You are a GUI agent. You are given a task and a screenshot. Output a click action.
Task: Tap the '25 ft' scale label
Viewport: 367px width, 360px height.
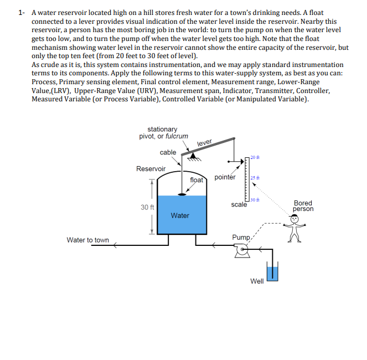(255, 178)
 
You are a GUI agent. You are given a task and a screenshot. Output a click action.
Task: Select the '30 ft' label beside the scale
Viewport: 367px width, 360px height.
(255, 199)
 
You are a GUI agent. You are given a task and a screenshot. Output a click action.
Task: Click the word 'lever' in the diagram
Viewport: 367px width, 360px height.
(205, 143)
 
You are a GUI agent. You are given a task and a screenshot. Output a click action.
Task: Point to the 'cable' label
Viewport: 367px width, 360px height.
(168, 152)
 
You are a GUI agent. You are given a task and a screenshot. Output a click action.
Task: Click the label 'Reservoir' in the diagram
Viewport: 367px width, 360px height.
(151, 168)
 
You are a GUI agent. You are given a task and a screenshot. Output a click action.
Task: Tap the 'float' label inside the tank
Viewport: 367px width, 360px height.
(197, 180)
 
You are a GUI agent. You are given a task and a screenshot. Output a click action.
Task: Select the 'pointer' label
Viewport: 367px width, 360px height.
(225, 178)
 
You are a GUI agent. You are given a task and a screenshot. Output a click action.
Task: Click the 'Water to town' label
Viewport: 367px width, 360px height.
(87, 240)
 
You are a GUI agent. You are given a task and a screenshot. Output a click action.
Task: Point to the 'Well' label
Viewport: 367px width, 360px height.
(257, 281)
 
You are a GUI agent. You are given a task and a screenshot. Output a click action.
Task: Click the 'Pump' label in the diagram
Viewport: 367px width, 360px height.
(241, 238)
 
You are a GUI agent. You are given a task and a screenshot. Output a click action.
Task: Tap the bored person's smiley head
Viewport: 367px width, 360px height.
(295, 219)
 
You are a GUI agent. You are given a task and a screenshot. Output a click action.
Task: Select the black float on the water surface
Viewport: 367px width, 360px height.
(182, 194)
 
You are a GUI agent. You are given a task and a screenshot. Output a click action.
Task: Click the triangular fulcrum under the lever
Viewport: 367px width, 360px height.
(193, 157)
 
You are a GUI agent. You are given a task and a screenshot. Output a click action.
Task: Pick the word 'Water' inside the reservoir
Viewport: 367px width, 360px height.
(180, 215)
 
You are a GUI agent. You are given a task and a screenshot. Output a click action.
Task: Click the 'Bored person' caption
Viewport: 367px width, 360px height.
(303, 206)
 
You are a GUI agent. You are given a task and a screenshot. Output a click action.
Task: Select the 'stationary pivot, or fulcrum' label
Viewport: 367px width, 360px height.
(163, 132)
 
